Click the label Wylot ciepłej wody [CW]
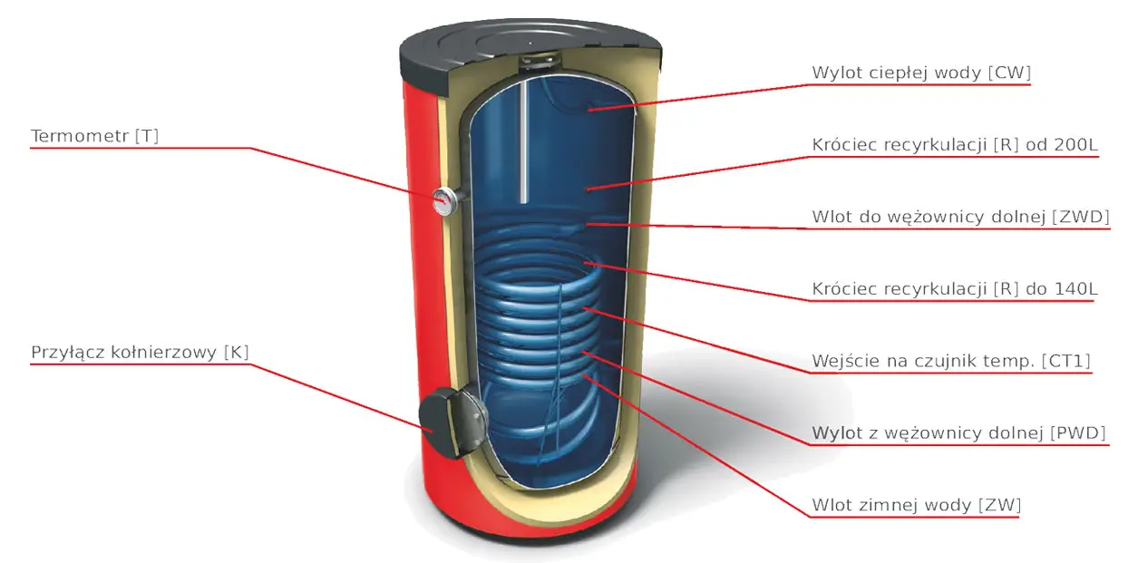[x=921, y=73]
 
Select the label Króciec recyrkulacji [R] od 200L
[x=955, y=145]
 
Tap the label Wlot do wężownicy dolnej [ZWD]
[x=960, y=218]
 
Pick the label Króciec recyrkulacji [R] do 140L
[x=953, y=289]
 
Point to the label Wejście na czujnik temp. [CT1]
[x=951, y=361]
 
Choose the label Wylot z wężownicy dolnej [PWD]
[x=959, y=432]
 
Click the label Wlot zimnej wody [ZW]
[x=916, y=504]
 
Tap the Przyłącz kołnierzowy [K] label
[x=140, y=353]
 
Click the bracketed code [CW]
[x=1012, y=73]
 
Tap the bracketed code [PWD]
[x=1078, y=432]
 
